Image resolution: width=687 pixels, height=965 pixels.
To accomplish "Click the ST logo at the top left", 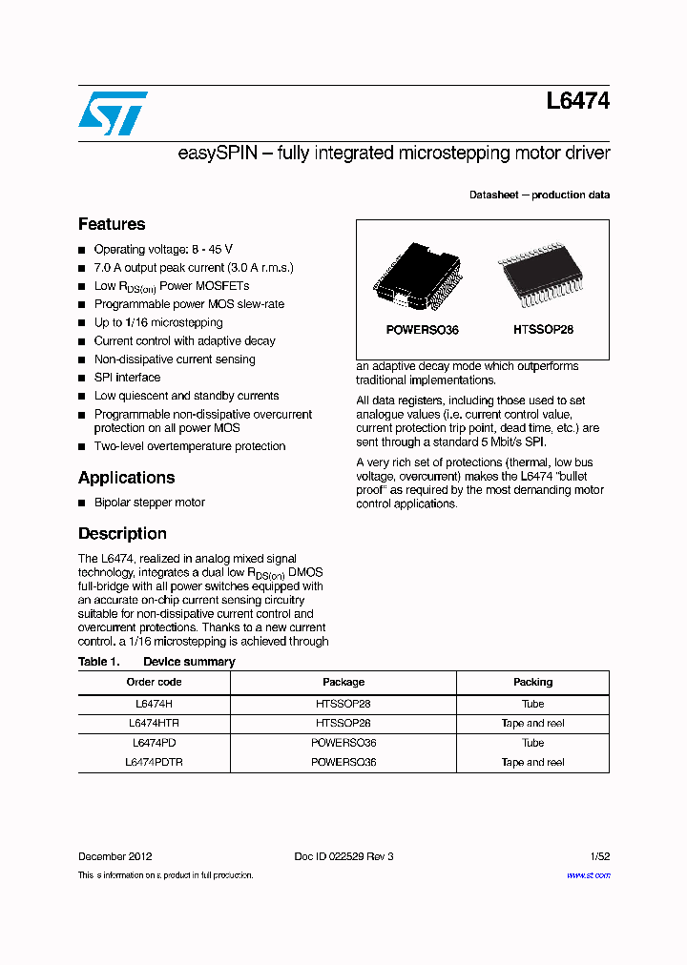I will point(113,113).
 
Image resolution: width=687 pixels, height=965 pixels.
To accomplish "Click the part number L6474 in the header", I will point(578,101).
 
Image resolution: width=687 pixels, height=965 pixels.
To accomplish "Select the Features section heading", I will point(112,224).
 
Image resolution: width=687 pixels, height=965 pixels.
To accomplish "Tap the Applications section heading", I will point(126,478).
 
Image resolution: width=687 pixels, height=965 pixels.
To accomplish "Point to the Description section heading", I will point(122,534).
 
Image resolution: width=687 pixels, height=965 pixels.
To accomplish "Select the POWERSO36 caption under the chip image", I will point(422,330).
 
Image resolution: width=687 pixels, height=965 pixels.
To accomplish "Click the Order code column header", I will point(154,682).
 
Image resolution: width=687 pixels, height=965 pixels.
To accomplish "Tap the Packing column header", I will point(532,682).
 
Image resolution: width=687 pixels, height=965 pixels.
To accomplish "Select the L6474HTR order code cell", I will point(154,724).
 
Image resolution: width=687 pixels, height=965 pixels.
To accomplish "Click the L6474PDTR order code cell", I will point(154,763).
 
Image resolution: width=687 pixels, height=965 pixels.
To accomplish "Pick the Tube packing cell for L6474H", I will point(532,704).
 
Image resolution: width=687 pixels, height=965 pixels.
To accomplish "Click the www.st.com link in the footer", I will point(588,875).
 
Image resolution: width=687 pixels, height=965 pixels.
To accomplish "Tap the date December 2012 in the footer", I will point(114,856).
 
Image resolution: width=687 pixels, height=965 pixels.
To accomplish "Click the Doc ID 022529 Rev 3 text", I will point(343,856).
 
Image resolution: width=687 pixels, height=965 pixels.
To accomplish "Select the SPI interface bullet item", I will point(127,378).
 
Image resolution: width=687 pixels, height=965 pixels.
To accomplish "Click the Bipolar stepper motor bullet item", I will point(149,503).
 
